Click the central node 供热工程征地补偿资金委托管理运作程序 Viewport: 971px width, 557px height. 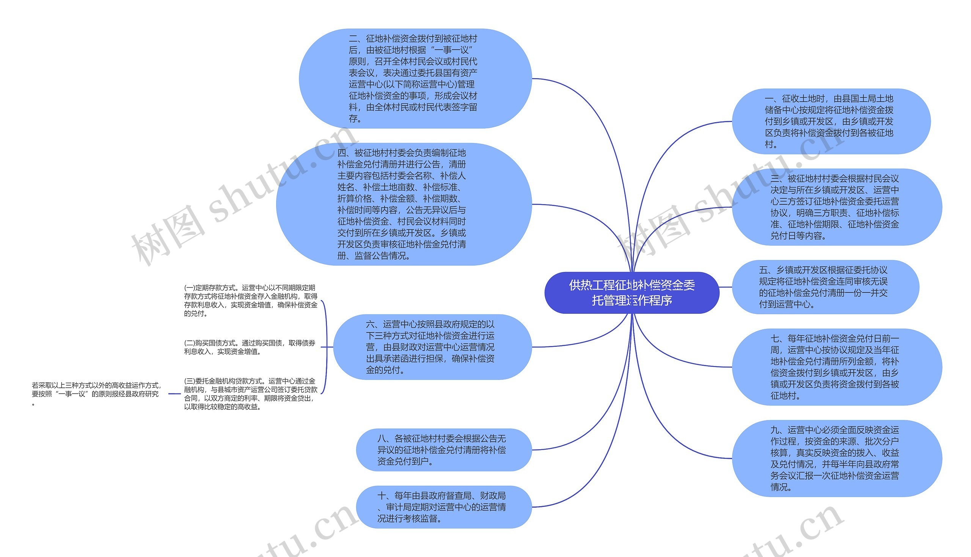pos(632,293)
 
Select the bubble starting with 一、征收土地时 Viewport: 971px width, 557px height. pos(831,121)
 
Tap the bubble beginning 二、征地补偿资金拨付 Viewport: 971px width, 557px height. pos(415,79)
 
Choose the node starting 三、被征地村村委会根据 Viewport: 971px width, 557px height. pos(836,207)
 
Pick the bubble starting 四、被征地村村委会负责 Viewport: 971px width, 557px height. pos(404,204)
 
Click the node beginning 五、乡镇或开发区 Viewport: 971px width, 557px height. pos(825,287)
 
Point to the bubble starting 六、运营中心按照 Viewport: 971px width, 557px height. pos(432,347)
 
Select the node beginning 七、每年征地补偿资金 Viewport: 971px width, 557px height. pos(836,367)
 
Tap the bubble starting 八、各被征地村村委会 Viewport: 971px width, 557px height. pos(443,450)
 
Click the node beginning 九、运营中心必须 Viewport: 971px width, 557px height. pos(836,458)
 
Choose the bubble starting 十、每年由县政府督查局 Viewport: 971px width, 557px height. pos(443,507)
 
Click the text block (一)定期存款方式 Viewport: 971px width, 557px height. pos(250,301)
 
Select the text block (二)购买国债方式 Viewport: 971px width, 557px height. pos(250,347)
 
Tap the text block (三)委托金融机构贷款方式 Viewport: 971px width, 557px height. pos(250,394)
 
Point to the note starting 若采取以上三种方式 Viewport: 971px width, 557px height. pos(96,393)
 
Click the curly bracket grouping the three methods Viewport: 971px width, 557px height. pos(326,347)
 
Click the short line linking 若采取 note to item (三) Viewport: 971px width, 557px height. pos(174,393)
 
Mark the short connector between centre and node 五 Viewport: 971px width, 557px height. pos(726,287)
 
